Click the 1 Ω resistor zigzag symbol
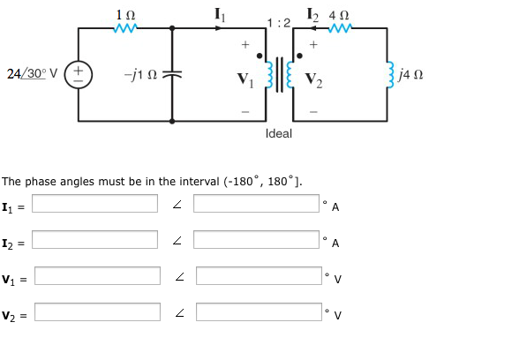pyautogui.click(x=125, y=29)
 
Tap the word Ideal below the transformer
pyautogui.click(x=278, y=133)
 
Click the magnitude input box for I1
pyautogui.click(x=96, y=204)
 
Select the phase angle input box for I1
pyautogui.click(x=258, y=204)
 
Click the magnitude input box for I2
pyautogui.click(x=96, y=240)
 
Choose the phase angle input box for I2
pyautogui.click(x=258, y=240)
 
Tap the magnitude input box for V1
pyautogui.click(x=96, y=276)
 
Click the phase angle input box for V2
pyautogui.click(x=258, y=312)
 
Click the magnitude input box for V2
pyautogui.click(x=96, y=312)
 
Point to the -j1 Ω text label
pyautogui.click(x=142, y=73)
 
